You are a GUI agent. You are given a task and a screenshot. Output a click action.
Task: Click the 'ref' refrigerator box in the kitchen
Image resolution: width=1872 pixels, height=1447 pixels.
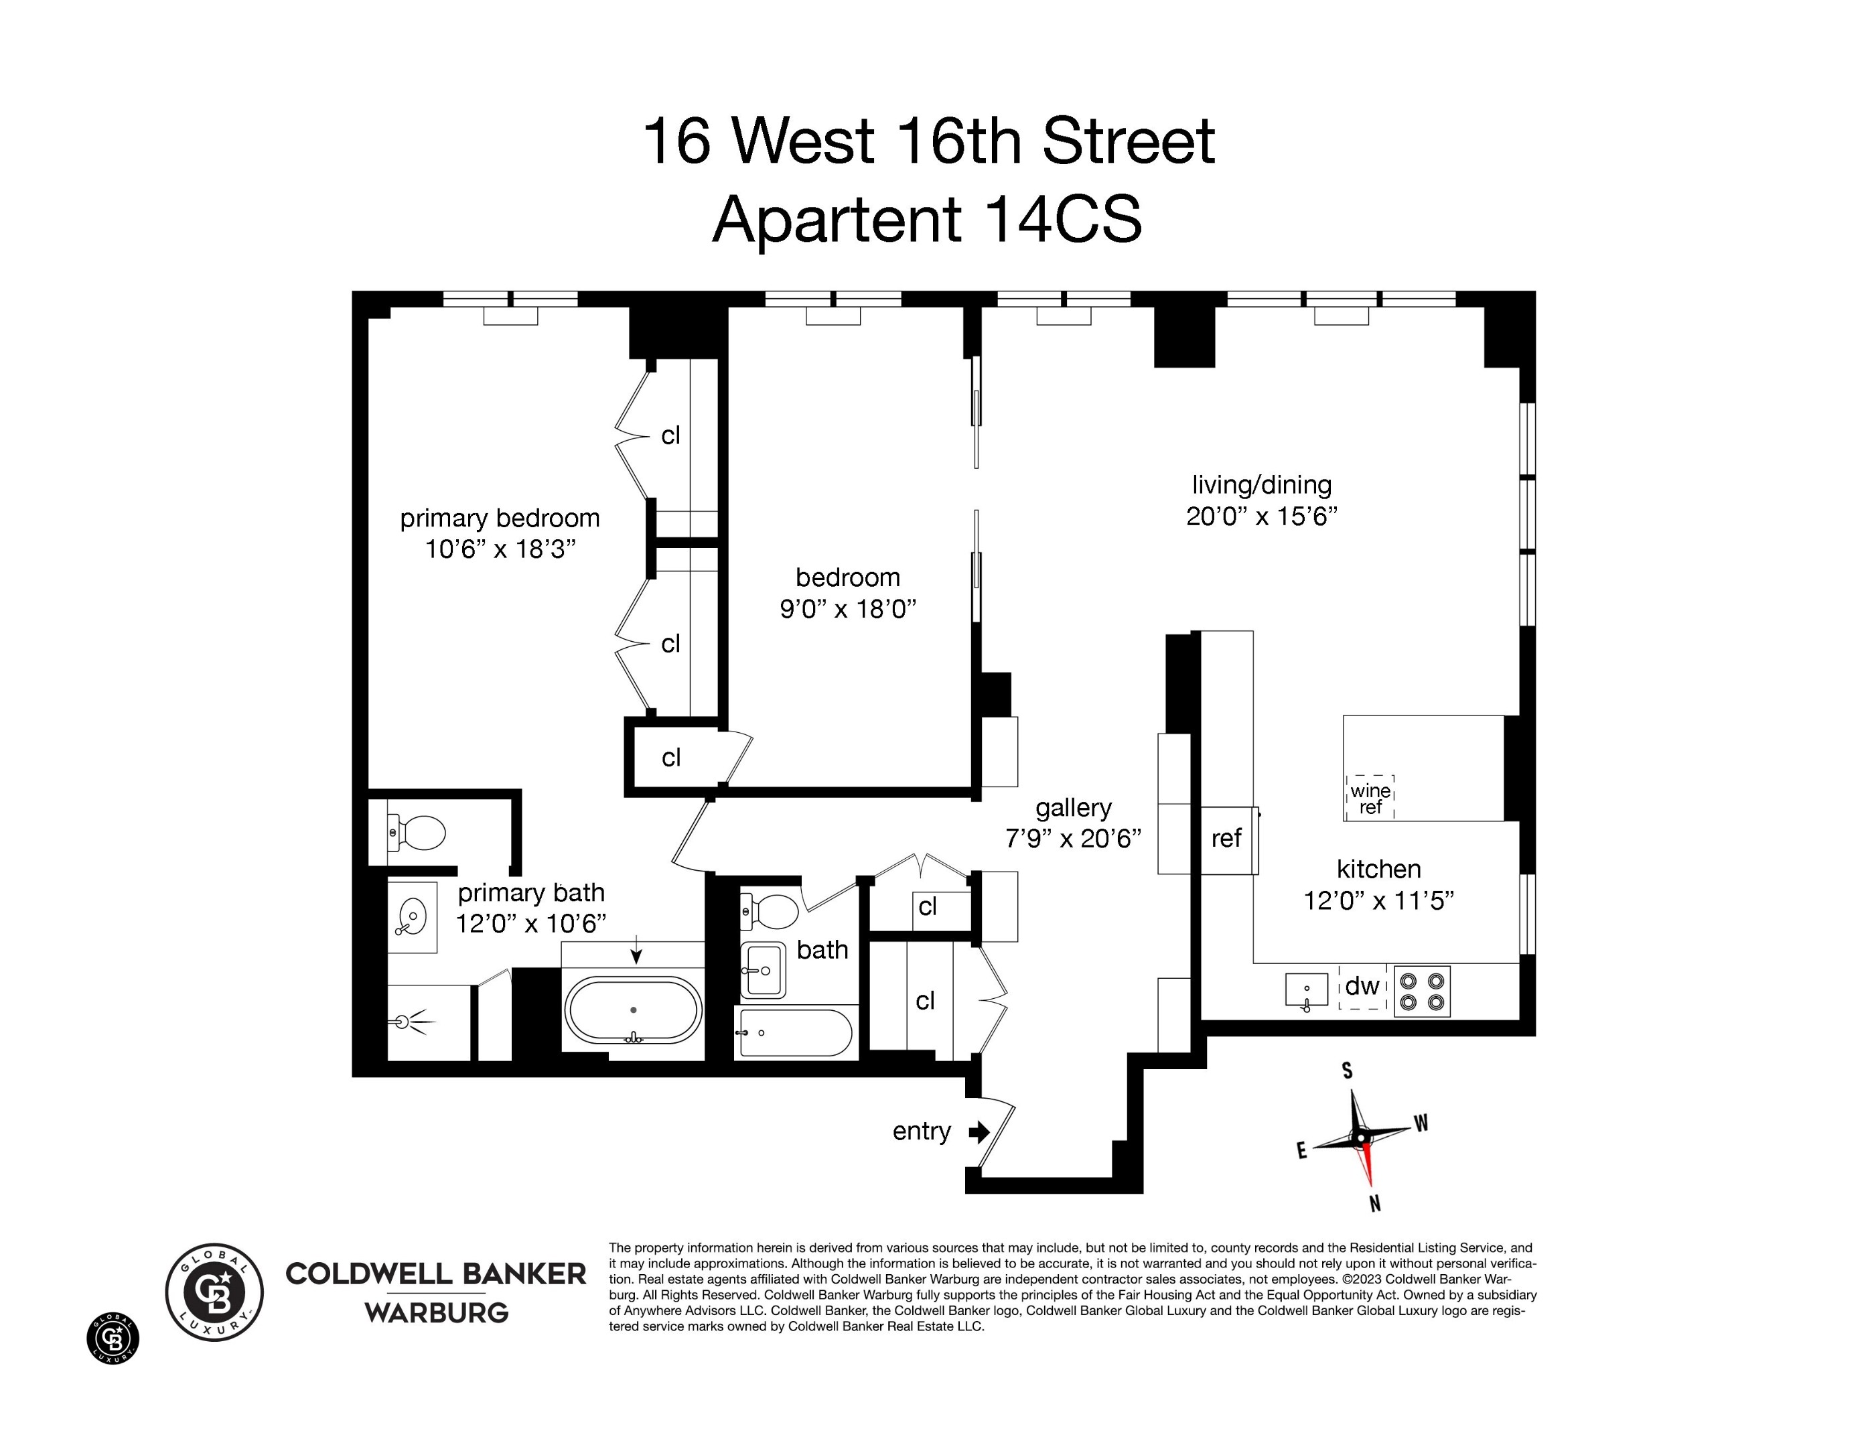(x=1228, y=839)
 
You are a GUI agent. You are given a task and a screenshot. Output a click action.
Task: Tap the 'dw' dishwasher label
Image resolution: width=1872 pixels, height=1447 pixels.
(x=1362, y=987)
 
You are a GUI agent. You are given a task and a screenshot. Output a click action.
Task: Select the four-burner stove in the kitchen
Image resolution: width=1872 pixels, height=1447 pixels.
(x=1422, y=992)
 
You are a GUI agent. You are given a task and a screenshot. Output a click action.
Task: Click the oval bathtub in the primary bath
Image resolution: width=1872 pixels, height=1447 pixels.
(x=634, y=1011)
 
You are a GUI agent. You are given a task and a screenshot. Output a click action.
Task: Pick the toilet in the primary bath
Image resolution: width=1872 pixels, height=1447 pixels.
(x=417, y=833)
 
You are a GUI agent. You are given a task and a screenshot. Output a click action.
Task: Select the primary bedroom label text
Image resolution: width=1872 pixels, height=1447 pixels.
(x=500, y=519)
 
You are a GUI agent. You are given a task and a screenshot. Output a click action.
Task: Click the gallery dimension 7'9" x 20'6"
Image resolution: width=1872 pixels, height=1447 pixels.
(x=1073, y=838)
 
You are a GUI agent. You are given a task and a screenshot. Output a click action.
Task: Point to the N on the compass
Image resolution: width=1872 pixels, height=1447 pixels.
(x=1375, y=1204)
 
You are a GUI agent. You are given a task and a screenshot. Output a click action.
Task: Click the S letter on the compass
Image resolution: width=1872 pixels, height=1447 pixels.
(x=1348, y=1071)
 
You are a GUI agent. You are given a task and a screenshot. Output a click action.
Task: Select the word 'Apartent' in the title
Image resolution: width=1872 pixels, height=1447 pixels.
(x=837, y=220)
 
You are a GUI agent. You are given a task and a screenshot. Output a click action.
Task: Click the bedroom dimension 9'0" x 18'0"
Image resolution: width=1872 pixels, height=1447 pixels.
(x=848, y=610)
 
